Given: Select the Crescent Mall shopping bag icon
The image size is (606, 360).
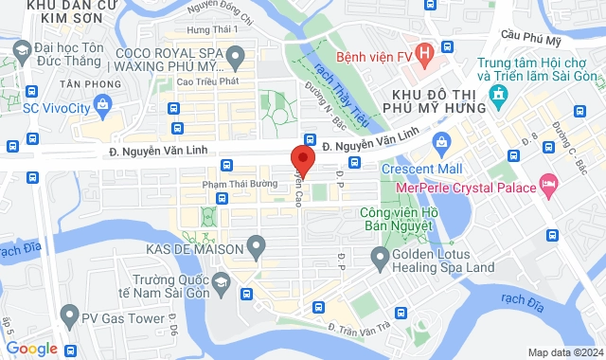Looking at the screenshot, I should (x=439, y=141).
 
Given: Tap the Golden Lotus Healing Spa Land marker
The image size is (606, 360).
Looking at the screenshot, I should (x=380, y=255).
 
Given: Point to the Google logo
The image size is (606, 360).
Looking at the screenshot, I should (x=31, y=349).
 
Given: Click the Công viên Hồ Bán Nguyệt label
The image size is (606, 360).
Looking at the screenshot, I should (x=396, y=219).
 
